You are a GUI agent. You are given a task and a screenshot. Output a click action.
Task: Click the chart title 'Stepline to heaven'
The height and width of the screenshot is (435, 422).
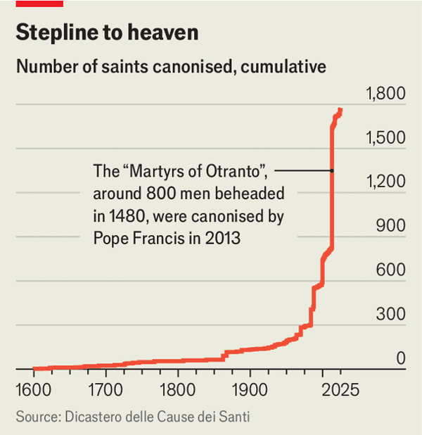(x=107, y=32)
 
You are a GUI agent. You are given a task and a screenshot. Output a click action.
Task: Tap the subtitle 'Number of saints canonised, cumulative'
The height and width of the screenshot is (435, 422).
(x=171, y=67)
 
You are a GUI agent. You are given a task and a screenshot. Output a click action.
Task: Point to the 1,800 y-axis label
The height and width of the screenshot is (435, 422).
(x=385, y=94)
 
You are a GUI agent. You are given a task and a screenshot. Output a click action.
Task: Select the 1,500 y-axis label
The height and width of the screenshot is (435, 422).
(x=385, y=138)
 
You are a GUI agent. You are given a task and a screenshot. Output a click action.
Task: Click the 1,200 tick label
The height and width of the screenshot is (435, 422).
(x=385, y=182)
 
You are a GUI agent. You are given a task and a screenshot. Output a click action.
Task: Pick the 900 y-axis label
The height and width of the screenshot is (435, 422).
(x=392, y=226)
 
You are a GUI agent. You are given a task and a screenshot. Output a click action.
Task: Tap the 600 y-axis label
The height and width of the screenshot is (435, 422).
(x=392, y=270)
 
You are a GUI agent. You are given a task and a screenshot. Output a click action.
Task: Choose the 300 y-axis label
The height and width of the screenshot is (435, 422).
(x=392, y=315)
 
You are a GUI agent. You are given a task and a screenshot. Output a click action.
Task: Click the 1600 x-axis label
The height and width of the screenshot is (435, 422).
(x=34, y=389)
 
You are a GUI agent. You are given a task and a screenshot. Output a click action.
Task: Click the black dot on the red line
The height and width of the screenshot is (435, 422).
(x=331, y=170)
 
